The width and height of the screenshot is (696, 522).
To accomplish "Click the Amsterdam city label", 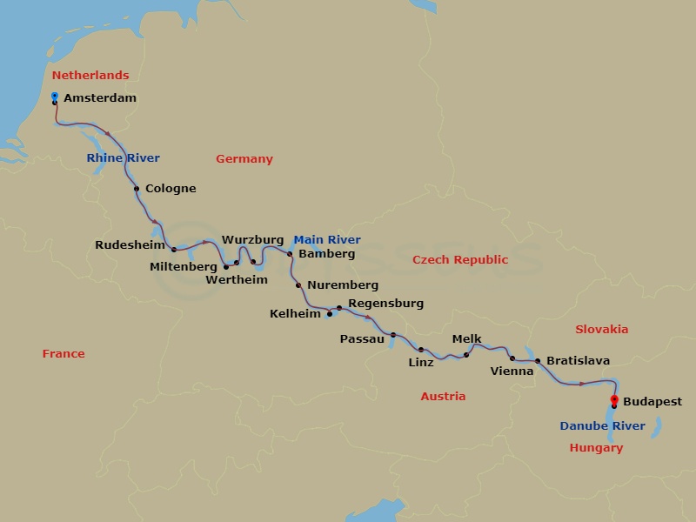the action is coord(100,98).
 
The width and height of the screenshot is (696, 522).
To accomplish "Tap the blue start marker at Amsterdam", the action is coord(55,96).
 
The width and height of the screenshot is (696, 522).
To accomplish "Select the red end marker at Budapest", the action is coord(614,399).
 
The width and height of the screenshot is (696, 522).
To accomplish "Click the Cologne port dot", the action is coord(137,189).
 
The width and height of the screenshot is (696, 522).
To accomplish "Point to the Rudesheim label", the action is coord(130,245).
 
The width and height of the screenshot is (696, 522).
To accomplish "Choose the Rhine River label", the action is coord(123,158).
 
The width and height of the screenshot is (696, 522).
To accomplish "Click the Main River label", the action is coord(327,240).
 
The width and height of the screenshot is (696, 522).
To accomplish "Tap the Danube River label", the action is coord(602,426).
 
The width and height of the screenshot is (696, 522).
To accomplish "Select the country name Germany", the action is coord(244,159).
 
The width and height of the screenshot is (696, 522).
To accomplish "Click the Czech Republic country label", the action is coord(459,260).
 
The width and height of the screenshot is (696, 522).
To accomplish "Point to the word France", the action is coord(64,354).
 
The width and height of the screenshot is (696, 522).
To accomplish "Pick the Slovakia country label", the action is coord(601,330).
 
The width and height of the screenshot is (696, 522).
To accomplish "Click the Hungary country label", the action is coord(596,448).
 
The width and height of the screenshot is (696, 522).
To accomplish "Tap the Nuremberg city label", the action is coord(343,285).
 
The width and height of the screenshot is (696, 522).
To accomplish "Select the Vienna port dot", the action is coord(512,358).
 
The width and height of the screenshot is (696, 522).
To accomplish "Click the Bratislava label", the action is coord(578,361).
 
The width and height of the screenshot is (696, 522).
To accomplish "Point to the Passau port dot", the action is coord(393,335).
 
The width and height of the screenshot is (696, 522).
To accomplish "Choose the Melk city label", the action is coord(466,340).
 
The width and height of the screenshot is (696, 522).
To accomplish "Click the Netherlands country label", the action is coord(90,76).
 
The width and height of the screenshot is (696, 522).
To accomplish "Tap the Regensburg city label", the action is coord(385,304).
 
